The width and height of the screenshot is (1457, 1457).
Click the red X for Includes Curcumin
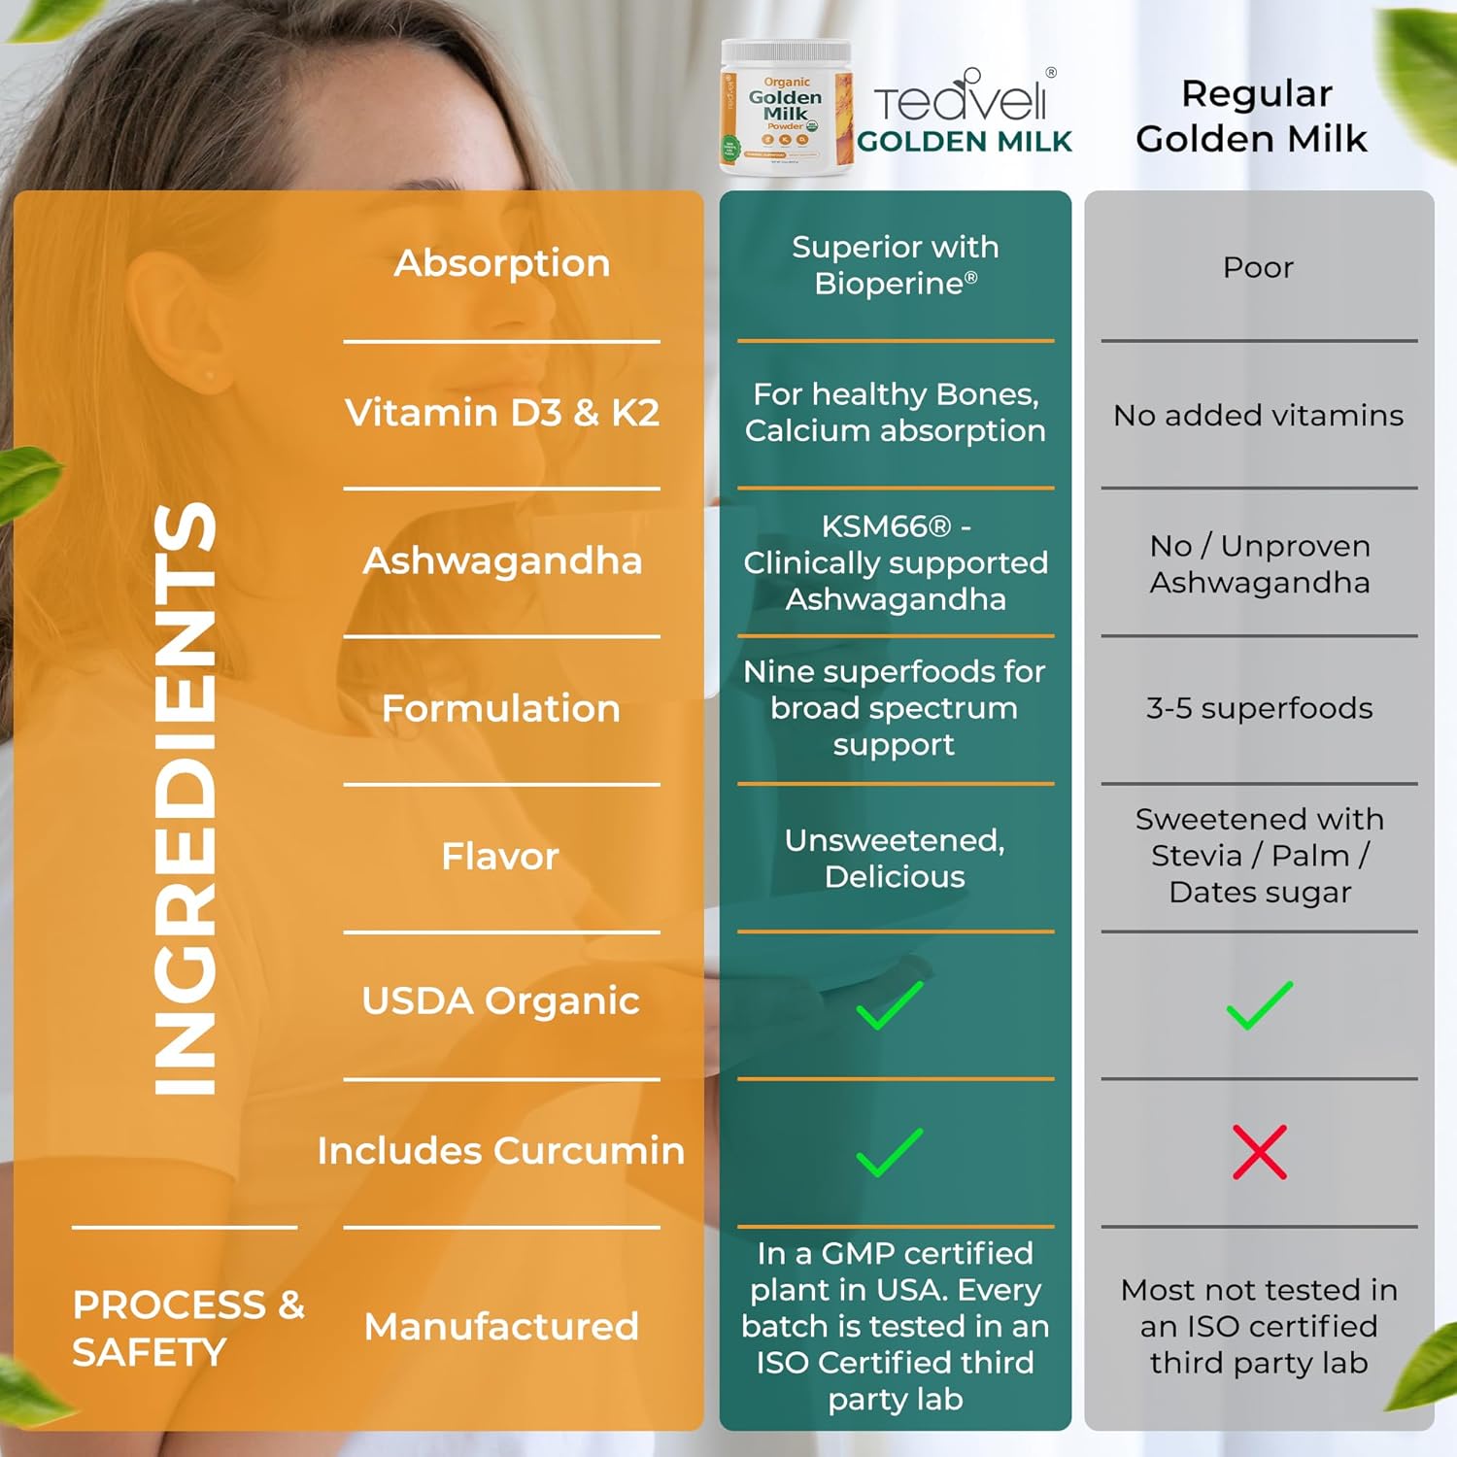pos(1259,1152)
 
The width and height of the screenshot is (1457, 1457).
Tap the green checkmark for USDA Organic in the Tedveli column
pos(889,1005)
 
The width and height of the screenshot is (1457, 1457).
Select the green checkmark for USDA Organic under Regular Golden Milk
pos(1259,1005)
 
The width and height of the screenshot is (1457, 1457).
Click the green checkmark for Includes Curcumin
pos(889,1152)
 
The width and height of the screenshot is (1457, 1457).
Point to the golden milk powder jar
pos(786,109)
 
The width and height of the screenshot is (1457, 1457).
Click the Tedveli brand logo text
pos(962,99)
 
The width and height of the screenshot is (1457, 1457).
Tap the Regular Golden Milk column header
pos(1252,117)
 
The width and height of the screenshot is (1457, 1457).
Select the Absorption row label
pos(501,263)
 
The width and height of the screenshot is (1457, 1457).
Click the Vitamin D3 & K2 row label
pos(501,413)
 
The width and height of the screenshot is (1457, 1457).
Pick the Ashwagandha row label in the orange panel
pos(501,560)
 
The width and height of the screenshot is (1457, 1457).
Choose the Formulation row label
pos(501,708)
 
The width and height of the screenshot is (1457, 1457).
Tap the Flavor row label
pos(500,857)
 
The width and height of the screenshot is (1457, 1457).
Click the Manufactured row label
pos(501,1326)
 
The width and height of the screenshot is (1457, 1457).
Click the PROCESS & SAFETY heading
pos(187,1328)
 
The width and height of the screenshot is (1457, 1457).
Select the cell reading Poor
pos(1258,267)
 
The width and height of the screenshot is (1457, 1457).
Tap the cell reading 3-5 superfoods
pos(1259,708)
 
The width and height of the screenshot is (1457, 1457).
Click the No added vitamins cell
pos(1258,415)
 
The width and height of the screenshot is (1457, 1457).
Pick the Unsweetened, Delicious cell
pos(895,858)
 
